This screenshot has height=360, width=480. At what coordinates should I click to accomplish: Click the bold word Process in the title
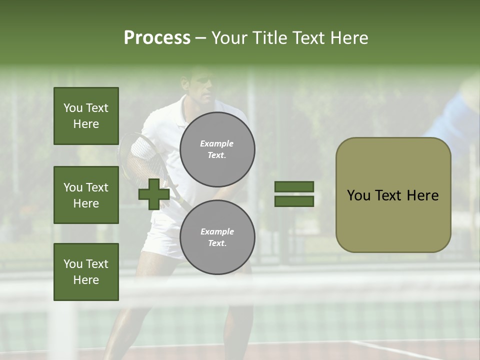point(157,38)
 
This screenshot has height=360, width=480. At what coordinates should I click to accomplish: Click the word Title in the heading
point(269,38)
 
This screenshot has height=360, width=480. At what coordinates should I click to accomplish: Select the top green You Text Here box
point(86,116)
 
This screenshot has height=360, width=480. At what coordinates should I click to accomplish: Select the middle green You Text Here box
point(86,195)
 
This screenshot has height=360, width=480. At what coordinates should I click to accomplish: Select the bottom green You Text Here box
point(86,271)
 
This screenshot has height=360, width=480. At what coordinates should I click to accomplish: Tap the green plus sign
point(153,194)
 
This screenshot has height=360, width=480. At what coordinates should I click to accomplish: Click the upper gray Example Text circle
point(217,149)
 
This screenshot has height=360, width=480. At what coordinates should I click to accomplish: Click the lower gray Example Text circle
point(217,237)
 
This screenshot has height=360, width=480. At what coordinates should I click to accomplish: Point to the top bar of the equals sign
point(294,186)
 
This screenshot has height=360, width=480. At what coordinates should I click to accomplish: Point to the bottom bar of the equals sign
point(294,201)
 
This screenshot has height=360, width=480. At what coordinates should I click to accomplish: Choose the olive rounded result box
point(393,195)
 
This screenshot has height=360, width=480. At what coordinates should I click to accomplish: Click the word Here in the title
point(348,38)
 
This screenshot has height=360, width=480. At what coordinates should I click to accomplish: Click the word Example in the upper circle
point(217,143)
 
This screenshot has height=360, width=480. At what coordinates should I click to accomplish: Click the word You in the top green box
point(73,108)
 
